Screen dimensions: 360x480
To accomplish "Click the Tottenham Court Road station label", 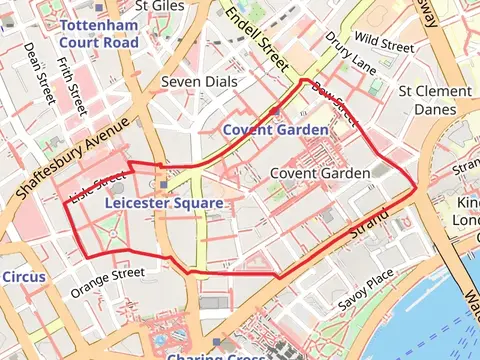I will (x=98, y=33).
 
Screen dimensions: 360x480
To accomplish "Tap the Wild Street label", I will (x=384, y=45).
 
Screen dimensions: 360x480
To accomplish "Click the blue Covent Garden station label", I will (x=275, y=130).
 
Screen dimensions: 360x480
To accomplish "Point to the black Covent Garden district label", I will (x=320, y=173).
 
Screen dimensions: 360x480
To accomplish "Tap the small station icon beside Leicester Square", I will (x=162, y=184).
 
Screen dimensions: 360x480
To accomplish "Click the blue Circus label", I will (x=22, y=275).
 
